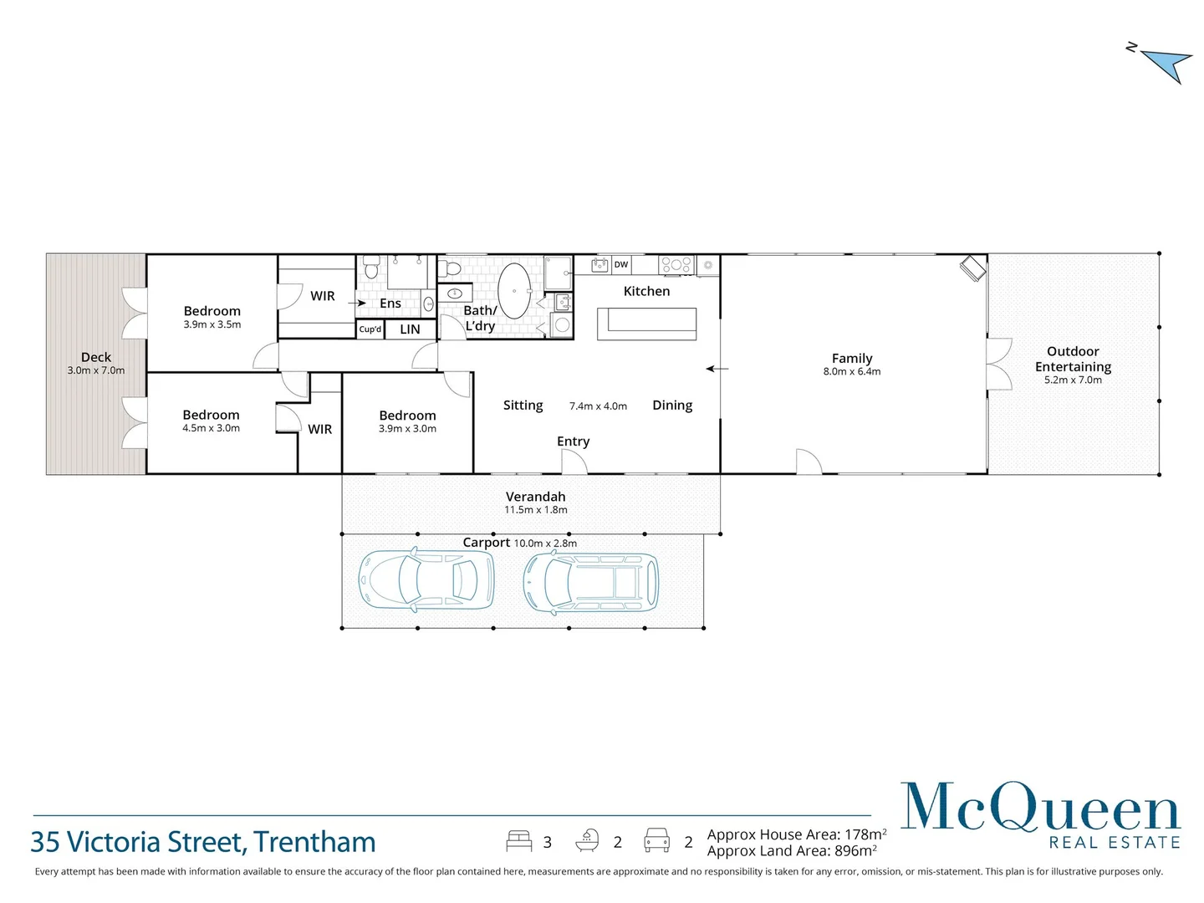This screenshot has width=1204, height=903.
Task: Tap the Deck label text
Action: (96, 357)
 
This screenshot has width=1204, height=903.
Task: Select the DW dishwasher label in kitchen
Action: (621, 264)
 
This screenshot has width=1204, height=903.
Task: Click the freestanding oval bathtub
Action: (514, 290)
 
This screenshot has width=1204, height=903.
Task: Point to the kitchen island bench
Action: (646, 323)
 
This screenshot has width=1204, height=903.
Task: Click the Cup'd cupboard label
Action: (370, 329)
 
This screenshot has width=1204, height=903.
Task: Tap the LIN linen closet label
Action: (410, 329)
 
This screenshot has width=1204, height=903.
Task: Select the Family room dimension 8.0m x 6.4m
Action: (851, 372)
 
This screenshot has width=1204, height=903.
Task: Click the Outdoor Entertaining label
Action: (1073, 359)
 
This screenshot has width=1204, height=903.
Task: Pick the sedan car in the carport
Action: (426, 579)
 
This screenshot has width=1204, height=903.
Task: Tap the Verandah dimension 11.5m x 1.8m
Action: (535, 510)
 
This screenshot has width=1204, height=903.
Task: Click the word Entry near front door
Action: (573, 441)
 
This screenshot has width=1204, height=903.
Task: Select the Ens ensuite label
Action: (390, 304)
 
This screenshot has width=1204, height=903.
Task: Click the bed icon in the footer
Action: (518, 841)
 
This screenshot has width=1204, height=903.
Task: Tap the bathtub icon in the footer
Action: (588, 840)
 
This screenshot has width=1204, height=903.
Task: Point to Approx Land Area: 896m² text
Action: (791, 851)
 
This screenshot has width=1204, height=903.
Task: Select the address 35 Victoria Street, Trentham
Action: (203, 842)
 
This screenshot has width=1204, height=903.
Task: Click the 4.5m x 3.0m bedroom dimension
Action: (211, 428)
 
